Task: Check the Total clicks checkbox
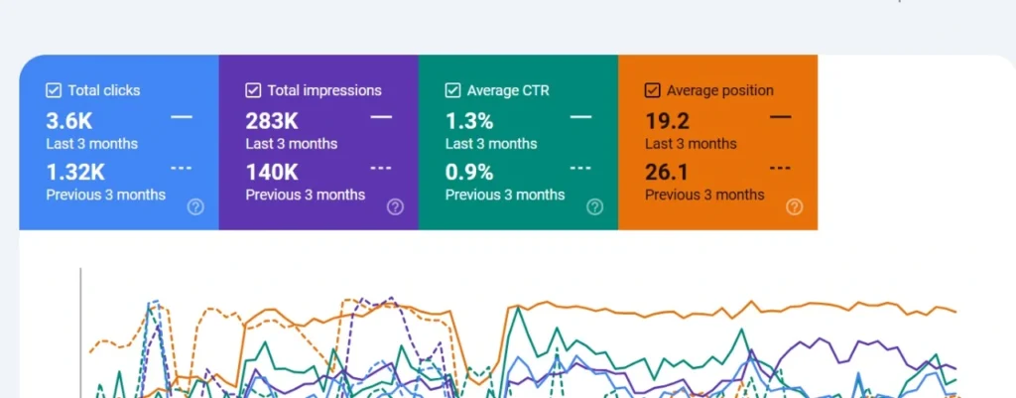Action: click(54, 90)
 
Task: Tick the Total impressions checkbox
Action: click(253, 90)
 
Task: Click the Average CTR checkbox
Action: click(452, 90)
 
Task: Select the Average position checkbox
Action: click(652, 90)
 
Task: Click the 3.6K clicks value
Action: click(69, 121)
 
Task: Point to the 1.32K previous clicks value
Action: click(75, 172)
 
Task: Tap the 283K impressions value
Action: click(273, 121)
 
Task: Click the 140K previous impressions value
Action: click(273, 172)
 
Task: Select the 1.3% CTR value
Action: click(469, 121)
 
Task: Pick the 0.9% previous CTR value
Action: click(469, 172)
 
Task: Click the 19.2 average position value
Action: click(667, 121)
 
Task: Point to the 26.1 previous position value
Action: click(667, 172)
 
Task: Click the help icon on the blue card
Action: click(195, 206)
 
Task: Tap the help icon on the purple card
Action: click(395, 206)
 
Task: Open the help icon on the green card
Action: click(594, 206)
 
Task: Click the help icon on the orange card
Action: click(794, 206)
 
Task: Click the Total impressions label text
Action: click(324, 90)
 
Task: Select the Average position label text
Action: click(720, 90)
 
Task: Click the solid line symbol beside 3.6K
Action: click(182, 117)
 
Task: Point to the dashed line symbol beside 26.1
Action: click(781, 168)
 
